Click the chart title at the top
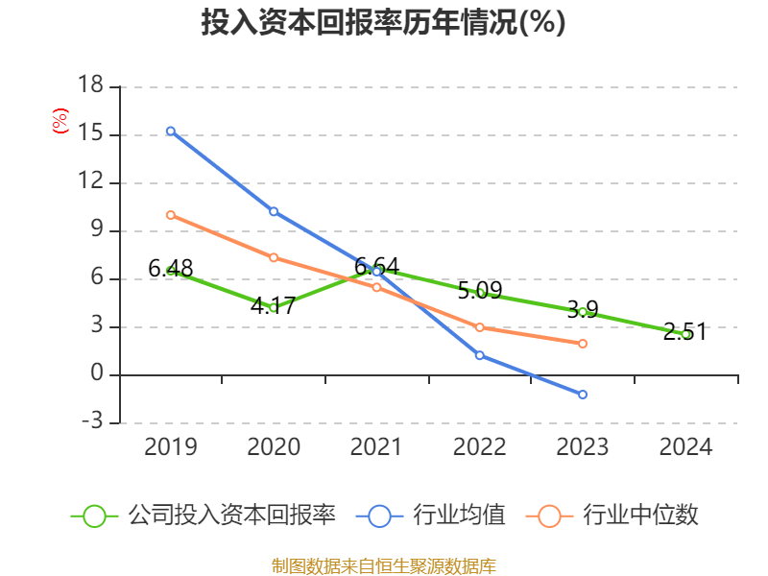[x=383, y=23]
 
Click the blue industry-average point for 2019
[x=171, y=131]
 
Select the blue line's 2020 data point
[x=274, y=211]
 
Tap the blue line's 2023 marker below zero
[x=583, y=395]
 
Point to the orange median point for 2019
[x=171, y=215]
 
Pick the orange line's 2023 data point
[x=583, y=344]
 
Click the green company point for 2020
[x=274, y=308]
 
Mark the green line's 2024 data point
[x=685, y=334]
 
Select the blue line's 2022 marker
[x=480, y=355]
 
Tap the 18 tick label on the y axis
[x=90, y=86]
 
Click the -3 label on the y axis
[x=90, y=422]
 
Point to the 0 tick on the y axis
[x=97, y=374]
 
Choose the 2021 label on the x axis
[x=376, y=447]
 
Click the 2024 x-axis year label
[x=685, y=447]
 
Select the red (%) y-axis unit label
[x=60, y=122]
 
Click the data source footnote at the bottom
[x=383, y=565]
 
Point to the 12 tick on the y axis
[x=90, y=182]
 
